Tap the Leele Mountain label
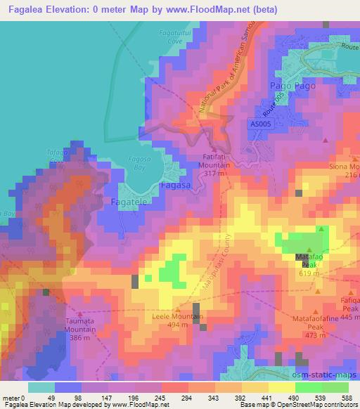point(178,318)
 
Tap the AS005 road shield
point(260,124)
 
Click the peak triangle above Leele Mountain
point(177,309)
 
